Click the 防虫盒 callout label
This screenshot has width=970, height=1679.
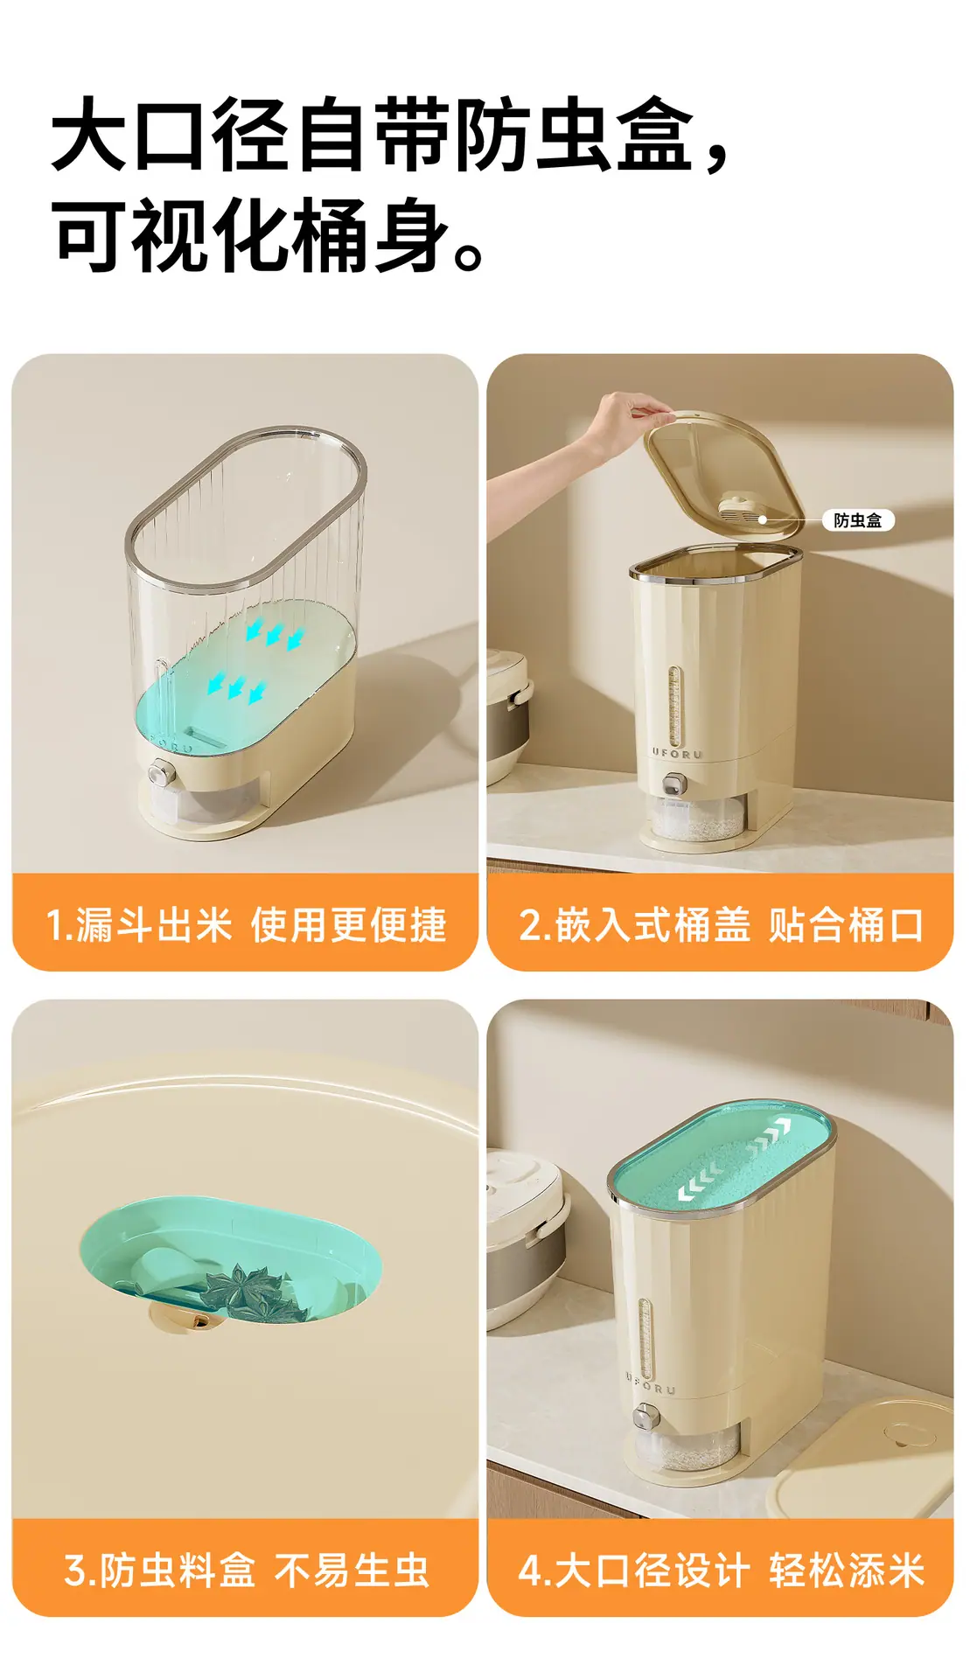coord(857,520)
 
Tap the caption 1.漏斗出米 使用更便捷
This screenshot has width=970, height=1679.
coord(246,925)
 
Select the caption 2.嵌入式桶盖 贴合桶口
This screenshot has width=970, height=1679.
coord(721,925)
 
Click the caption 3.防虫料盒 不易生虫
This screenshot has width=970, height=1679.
coord(246,1571)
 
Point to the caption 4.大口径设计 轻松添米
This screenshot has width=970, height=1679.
coord(721,1571)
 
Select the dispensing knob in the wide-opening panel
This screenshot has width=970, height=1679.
coord(645,1416)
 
